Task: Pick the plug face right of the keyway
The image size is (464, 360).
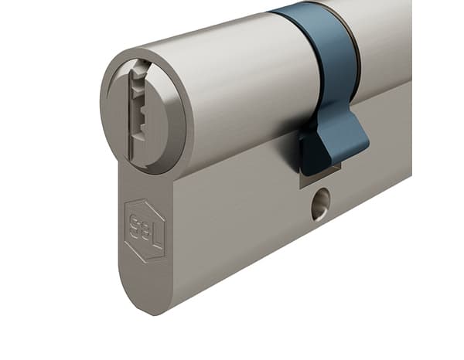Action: pos(166,116)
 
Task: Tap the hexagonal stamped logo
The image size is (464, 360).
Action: pos(145,229)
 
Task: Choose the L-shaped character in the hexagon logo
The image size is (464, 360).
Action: pos(155,232)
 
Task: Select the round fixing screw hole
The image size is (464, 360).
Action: pos(320,204)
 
